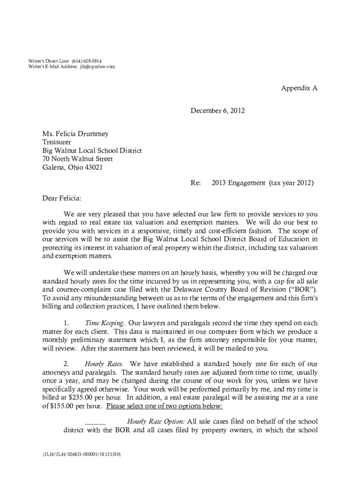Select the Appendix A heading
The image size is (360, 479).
299,88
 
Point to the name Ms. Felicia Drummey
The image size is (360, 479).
75,134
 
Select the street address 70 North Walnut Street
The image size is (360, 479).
77,159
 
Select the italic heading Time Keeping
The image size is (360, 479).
104,323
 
